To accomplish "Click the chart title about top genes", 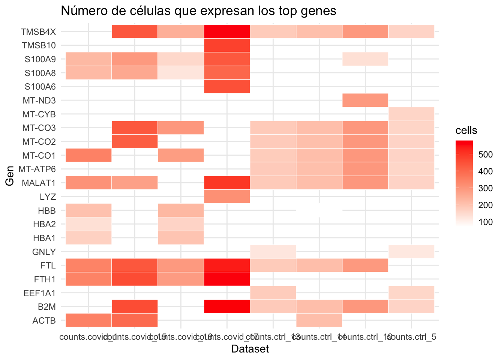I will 198,11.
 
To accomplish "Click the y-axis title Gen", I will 10,176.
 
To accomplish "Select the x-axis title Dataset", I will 250,349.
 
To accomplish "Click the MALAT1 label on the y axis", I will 39,183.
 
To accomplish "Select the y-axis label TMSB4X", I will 39,32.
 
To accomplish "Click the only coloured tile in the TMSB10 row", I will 227,45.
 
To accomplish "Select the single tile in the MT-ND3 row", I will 365,100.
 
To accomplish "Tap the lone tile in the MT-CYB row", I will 411,114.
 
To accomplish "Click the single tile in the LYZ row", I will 227,196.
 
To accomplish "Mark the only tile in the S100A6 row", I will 227,87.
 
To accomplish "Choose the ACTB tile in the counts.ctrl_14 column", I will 319,320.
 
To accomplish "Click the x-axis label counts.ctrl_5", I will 411,337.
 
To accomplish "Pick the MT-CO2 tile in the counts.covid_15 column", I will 135,141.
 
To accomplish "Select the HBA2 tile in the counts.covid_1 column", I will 88,224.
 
